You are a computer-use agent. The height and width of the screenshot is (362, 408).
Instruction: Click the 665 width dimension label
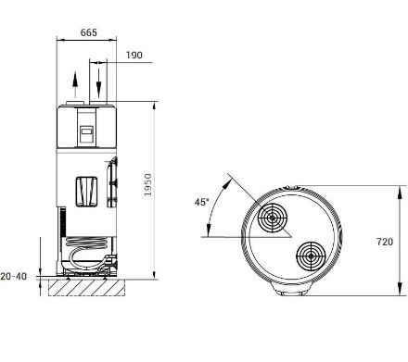[x=89, y=32]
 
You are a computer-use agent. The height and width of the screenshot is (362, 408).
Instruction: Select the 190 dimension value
[x=134, y=56]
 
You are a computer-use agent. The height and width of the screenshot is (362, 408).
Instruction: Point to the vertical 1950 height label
[x=148, y=184]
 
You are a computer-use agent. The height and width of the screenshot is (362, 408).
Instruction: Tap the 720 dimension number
[x=385, y=242]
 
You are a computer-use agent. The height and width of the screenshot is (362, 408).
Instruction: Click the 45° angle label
[x=201, y=202]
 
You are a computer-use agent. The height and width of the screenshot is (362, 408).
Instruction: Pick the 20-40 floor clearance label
[x=14, y=276]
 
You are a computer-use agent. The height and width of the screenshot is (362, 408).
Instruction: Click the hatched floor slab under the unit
[x=86, y=288]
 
